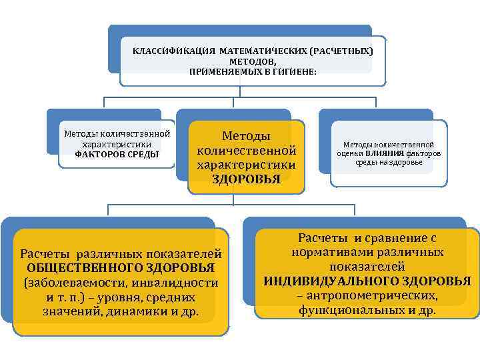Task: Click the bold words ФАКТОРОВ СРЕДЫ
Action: point(117,154)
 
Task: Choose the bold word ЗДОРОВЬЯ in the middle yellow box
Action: point(246,178)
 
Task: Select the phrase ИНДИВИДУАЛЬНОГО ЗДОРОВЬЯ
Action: point(367,281)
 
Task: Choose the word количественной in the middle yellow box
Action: point(246,150)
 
